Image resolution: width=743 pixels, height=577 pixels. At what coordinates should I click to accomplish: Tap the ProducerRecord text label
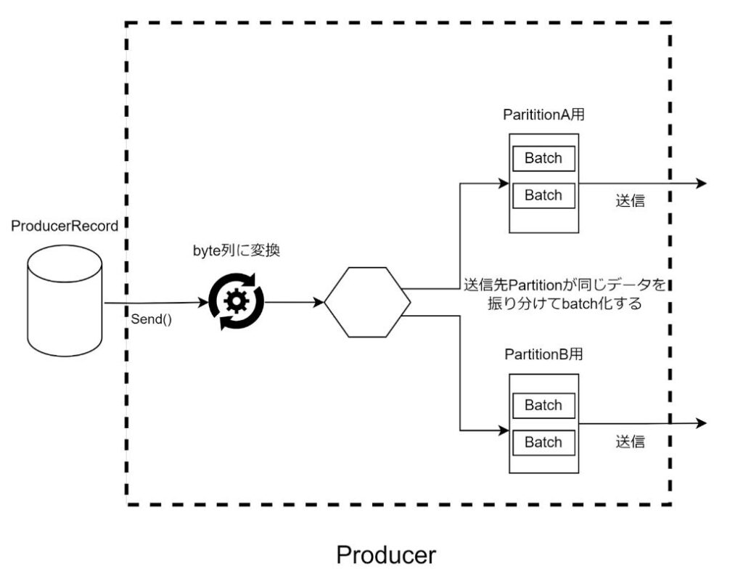click(65, 226)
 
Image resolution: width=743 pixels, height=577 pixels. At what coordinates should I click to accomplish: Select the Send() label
click(151, 319)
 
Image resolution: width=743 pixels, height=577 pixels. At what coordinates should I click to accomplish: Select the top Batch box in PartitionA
click(543, 158)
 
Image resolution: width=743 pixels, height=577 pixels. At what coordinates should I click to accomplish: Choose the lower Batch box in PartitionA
click(543, 195)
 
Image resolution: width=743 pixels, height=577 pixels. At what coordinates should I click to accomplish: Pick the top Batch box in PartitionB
click(543, 405)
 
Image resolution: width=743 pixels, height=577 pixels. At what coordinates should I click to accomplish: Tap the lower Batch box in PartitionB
click(543, 442)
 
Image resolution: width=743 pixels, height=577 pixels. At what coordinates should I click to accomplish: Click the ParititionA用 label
click(543, 115)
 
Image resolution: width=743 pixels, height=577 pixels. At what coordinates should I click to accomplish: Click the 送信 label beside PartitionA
click(630, 201)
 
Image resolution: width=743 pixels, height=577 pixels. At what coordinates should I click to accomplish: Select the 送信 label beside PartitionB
click(630, 441)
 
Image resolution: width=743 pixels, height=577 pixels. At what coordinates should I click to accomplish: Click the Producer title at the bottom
click(386, 555)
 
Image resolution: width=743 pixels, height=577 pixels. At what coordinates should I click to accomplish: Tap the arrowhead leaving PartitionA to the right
click(700, 184)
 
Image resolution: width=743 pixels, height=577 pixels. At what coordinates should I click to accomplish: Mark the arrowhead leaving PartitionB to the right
click(700, 423)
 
